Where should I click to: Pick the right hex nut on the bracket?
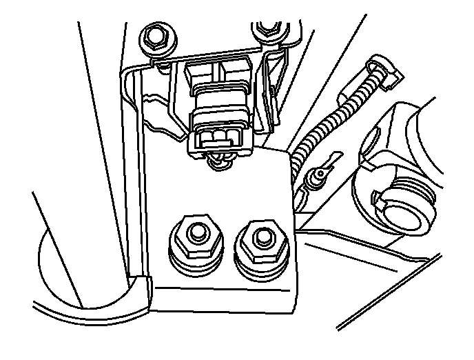pyautogui.click(x=260, y=240)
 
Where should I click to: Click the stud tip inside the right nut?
pyautogui.click(x=261, y=237)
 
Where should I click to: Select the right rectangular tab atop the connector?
pyautogui.click(x=236, y=68)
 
